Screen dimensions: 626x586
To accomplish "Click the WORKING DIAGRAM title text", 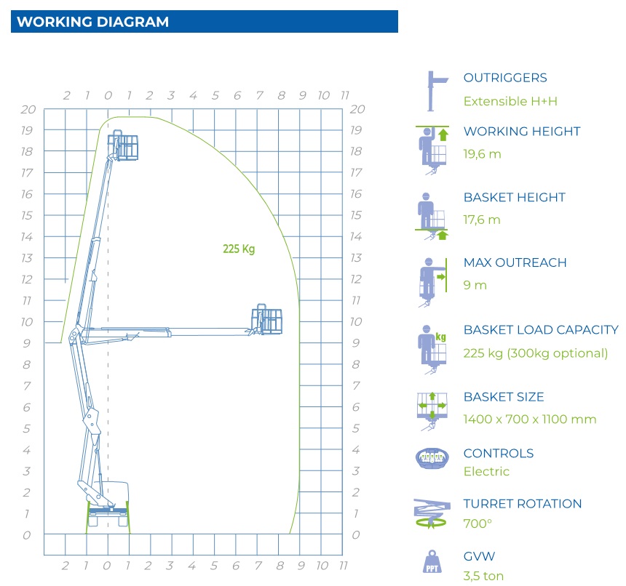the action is (92, 22).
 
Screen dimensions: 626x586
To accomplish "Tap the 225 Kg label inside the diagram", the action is (239, 249).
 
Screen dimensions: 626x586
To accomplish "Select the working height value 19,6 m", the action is (482, 154).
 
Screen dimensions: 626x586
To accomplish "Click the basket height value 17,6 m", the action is (481, 220).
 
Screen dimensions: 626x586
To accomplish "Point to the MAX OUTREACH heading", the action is (515, 262).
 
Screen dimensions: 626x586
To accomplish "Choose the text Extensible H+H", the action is (510, 101).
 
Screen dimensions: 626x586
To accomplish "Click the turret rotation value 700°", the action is (477, 523).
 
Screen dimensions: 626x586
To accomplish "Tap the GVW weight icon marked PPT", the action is (432, 562).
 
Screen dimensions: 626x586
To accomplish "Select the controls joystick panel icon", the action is (432, 459).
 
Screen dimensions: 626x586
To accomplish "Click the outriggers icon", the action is (437, 92).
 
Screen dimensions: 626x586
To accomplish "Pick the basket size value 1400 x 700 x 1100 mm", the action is (530, 419).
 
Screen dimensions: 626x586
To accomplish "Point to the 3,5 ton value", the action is (483, 576).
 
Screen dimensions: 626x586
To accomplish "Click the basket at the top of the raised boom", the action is (123, 145).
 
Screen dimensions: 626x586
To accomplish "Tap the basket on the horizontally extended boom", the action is (266, 319).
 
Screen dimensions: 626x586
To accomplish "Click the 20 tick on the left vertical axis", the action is (28, 109).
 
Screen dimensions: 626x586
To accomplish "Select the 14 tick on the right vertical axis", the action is (356, 237).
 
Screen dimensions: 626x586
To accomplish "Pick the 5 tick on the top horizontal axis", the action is (215, 96).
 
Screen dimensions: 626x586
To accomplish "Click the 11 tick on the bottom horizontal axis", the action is (344, 565).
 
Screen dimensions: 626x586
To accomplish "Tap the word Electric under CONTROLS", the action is (486, 471).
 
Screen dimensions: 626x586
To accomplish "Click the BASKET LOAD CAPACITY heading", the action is (541, 329).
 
